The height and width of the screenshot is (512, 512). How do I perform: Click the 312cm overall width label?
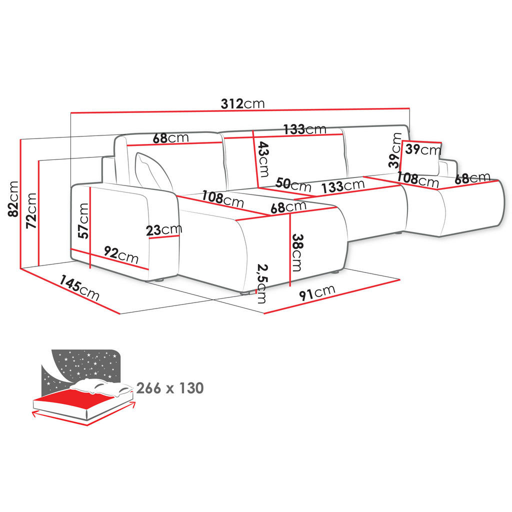point(242,104)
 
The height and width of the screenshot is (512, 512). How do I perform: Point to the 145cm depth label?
point(79,288)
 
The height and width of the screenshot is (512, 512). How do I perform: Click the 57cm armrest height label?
point(83,220)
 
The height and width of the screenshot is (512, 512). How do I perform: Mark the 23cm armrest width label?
point(164,230)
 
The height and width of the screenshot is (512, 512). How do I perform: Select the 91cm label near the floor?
point(317,292)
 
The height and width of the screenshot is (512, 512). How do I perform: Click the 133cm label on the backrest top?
point(304,129)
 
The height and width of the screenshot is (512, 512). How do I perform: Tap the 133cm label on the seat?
point(343,186)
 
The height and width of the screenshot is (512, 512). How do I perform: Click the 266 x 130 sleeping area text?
point(169,387)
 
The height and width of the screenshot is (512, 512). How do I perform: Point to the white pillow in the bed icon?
point(100,386)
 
